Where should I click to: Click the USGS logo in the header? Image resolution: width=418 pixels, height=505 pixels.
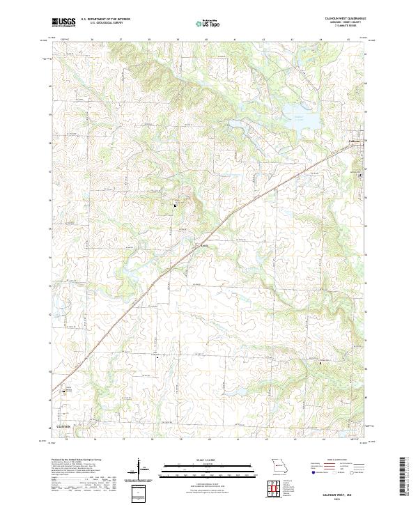click(64, 22)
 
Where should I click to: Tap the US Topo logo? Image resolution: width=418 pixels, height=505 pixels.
click(208, 23)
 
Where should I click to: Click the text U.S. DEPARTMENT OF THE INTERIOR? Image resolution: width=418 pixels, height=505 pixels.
click(105, 20)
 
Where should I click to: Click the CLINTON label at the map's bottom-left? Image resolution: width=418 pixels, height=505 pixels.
click(64, 426)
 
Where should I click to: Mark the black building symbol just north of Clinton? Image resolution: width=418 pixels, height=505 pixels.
click(65, 392)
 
